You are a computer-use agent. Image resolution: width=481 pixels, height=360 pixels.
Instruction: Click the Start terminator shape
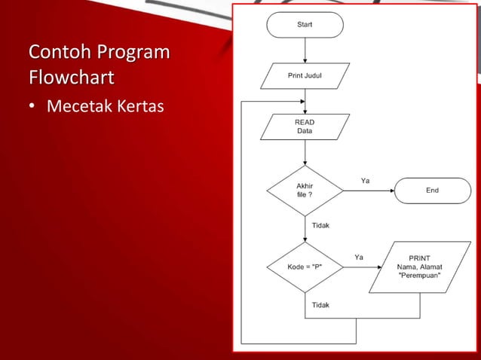(305, 24)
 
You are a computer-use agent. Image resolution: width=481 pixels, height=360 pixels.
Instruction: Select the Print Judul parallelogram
(305, 75)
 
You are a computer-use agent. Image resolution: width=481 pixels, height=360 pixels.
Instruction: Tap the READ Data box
(305, 127)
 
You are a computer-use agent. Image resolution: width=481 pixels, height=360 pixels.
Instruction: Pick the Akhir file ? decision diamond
(305, 191)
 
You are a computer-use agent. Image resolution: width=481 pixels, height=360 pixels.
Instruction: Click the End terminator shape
(432, 191)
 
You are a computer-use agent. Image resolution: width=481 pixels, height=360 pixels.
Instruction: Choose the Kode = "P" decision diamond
(305, 267)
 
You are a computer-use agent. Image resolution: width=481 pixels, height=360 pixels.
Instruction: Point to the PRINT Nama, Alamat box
(419, 267)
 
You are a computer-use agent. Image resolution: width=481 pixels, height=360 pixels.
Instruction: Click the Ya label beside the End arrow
(365, 181)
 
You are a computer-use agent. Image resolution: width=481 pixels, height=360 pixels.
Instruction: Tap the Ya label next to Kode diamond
(359, 257)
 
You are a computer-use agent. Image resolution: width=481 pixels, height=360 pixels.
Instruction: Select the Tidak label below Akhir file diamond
(320, 225)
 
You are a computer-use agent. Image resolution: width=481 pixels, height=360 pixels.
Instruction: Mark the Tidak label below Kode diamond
(320, 305)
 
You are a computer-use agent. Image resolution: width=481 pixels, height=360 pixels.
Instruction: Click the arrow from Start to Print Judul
(305, 50)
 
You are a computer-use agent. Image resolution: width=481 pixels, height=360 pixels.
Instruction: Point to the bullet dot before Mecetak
(32, 108)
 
